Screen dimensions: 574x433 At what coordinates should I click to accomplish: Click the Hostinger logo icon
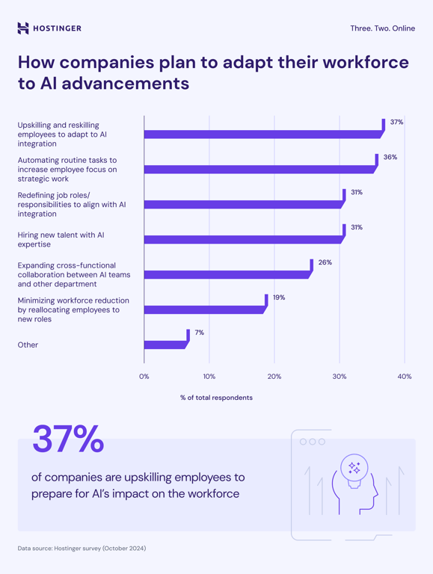pos(23,28)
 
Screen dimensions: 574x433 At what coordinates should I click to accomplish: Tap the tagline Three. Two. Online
pos(382,28)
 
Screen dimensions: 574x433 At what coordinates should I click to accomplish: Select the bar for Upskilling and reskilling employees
pos(262,135)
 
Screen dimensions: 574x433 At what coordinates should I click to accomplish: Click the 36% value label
pos(390,157)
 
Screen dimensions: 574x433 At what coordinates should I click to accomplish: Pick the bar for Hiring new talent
pos(243,239)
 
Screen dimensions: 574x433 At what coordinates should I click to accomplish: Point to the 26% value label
pos(325,262)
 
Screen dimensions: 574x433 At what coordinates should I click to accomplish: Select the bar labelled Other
pos(165,345)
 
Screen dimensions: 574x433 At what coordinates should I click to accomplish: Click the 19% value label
pos(278,297)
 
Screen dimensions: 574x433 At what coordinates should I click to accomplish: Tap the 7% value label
pos(200,333)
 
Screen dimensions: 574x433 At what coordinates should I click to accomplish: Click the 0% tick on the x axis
pos(144,376)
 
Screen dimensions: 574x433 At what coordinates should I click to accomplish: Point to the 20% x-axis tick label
pos(274,376)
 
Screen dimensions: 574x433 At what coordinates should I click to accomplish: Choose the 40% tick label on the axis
pos(405,376)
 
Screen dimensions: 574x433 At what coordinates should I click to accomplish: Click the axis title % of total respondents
pos(216,398)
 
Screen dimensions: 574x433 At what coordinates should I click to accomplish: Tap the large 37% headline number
pos(67,439)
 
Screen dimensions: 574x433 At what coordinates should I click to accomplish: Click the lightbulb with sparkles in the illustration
pos(354,469)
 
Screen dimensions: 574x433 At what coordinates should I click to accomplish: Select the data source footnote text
pos(82,548)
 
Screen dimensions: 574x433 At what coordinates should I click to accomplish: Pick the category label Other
pos(28,345)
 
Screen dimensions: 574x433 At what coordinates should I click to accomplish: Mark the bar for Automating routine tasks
pos(259,170)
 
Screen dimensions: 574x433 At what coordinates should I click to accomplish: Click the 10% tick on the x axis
pos(209,376)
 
